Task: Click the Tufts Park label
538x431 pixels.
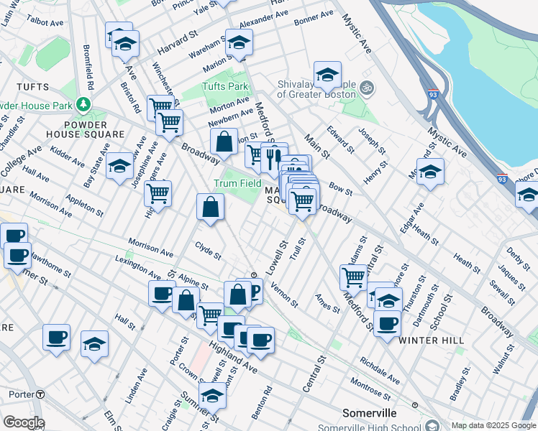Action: [225, 87]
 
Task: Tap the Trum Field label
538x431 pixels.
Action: [237, 183]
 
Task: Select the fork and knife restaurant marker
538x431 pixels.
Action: [274, 157]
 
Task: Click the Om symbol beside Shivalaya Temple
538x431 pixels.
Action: [366, 88]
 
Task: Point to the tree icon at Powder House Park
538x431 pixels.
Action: [84, 106]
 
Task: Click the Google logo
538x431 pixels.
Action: [24, 422]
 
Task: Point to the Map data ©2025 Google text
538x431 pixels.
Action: [493, 425]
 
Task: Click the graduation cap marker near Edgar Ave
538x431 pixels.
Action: [430, 172]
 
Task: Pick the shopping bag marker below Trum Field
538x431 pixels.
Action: [210, 208]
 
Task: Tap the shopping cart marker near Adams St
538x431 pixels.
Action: [353, 276]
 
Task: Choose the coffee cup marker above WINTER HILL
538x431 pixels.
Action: [388, 323]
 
